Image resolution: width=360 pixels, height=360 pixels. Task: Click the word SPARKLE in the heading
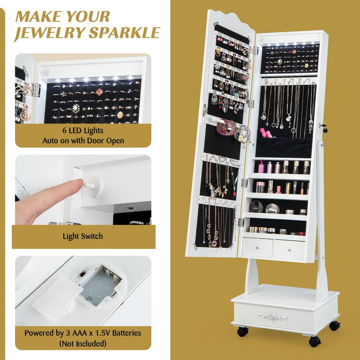124,33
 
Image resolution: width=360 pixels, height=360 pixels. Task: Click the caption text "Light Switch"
83,236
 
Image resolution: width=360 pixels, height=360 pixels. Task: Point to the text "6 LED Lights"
83,130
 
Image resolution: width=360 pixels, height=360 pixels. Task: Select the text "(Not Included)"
83,343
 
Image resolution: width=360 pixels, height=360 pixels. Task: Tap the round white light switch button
94,186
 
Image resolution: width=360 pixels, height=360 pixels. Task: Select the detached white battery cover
57,298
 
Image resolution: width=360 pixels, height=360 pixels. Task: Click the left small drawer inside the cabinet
257,248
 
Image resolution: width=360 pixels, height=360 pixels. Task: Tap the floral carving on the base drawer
273,316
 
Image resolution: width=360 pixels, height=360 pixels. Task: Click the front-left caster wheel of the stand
243,332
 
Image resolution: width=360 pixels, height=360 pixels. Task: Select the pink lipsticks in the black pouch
265,132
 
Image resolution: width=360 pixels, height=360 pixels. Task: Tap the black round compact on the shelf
256,207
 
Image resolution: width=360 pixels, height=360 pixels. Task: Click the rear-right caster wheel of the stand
335,326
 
